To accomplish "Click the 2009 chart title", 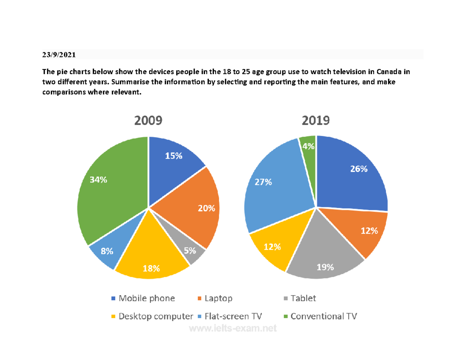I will pyautogui.click(x=148, y=121).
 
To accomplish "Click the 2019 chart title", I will pyautogui.click(x=315, y=121).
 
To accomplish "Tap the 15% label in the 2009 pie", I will pyautogui.click(x=174, y=156).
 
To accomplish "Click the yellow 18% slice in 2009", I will pyautogui.click(x=151, y=260).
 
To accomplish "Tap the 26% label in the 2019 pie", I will pyautogui.click(x=358, y=169).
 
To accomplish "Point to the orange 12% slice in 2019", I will pyautogui.click(x=365, y=233).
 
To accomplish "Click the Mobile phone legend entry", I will pyautogui.click(x=143, y=298).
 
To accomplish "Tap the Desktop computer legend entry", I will pyautogui.click(x=152, y=316).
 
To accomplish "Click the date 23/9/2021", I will pyautogui.click(x=59, y=55).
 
